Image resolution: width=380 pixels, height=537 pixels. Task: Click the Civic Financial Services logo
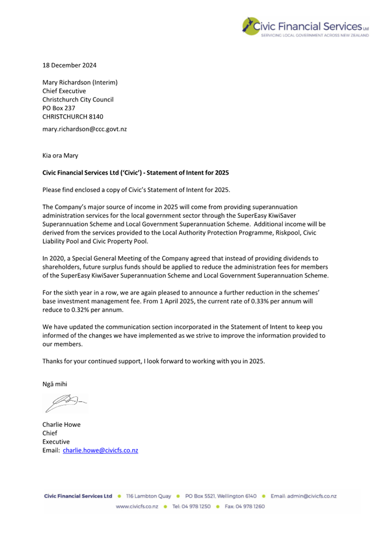[305, 27]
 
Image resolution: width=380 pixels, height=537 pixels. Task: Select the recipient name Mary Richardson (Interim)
[80, 82]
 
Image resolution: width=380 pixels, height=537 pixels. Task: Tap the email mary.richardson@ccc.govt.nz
[84, 129]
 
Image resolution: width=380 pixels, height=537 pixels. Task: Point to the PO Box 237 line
[59, 108]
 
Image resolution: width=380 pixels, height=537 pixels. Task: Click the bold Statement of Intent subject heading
[136, 172]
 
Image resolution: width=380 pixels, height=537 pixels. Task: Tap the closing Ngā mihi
[55, 384]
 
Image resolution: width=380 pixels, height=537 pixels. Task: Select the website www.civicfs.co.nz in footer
[137, 506]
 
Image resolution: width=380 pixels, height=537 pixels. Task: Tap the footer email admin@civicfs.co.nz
[312, 496]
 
